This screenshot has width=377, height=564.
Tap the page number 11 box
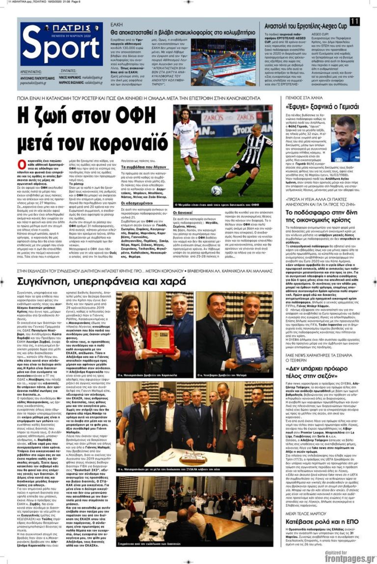point(355,21)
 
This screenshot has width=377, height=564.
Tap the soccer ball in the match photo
point(216,190)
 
